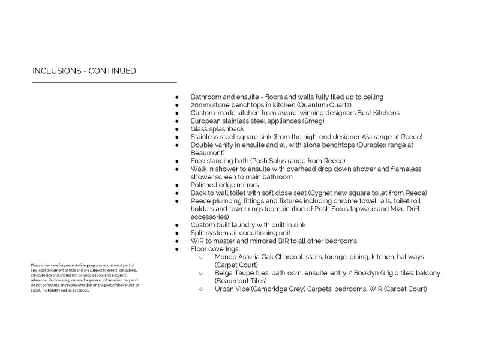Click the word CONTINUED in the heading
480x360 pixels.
[112, 71]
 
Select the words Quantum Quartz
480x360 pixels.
[326, 105]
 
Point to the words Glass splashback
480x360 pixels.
[217, 129]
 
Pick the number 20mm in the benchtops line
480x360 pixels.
[200, 105]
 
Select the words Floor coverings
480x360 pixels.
[214, 249]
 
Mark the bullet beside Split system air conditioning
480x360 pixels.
[177, 233]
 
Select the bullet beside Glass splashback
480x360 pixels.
[177, 129]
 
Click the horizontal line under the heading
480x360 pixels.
[104, 82]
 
